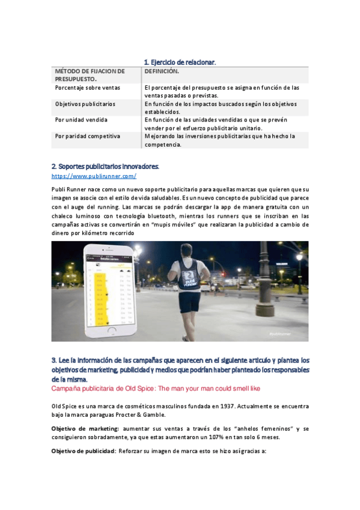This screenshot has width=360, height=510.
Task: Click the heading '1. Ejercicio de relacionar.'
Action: pyautogui.click(x=180, y=63)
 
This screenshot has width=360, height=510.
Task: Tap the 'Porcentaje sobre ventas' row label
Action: pyautogui.click(x=88, y=88)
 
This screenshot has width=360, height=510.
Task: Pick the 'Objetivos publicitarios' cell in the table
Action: pyautogui.click(x=85, y=104)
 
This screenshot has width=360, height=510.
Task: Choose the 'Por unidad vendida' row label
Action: pyautogui.click(x=80, y=120)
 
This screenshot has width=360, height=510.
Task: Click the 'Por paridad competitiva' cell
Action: pyautogui.click(x=88, y=136)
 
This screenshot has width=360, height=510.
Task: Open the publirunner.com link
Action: pyautogui.click(x=94, y=176)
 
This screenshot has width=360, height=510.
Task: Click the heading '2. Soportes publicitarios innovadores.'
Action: pyautogui.click(x=105, y=166)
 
